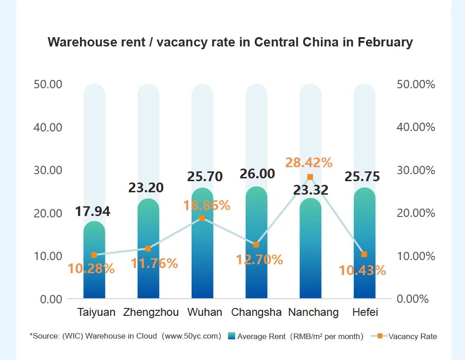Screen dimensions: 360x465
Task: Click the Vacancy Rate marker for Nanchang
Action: coord(310,177)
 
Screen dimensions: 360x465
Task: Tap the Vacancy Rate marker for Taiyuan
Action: coord(94,255)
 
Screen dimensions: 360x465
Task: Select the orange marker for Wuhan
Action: coord(202,218)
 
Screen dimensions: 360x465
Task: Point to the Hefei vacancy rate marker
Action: coord(364,254)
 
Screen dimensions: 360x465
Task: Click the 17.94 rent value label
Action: coord(93,211)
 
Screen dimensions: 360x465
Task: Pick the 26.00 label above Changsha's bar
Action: coord(257,174)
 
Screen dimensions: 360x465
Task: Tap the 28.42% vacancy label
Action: coord(309,163)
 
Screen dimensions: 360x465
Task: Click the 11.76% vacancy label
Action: coord(154,263)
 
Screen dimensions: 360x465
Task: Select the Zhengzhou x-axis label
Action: coord(151,312)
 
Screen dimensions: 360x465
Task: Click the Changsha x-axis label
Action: coord(256,312)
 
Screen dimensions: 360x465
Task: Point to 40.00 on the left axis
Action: coord(48,127)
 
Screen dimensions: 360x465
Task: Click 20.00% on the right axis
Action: coord(416,213)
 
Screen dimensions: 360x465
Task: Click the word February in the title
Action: coord(385,42)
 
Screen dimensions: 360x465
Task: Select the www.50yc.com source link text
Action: coord(191,336)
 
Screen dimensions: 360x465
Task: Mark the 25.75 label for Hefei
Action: coord(362,177)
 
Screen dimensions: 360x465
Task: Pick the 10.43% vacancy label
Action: coord(362,270)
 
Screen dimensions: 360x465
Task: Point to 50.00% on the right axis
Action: coord(416,85)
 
